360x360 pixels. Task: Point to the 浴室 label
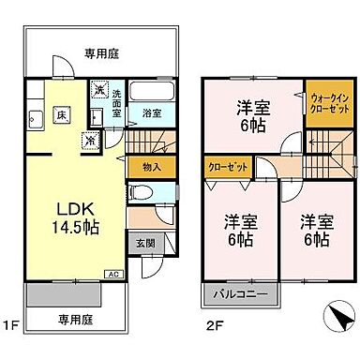pos(150,113)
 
